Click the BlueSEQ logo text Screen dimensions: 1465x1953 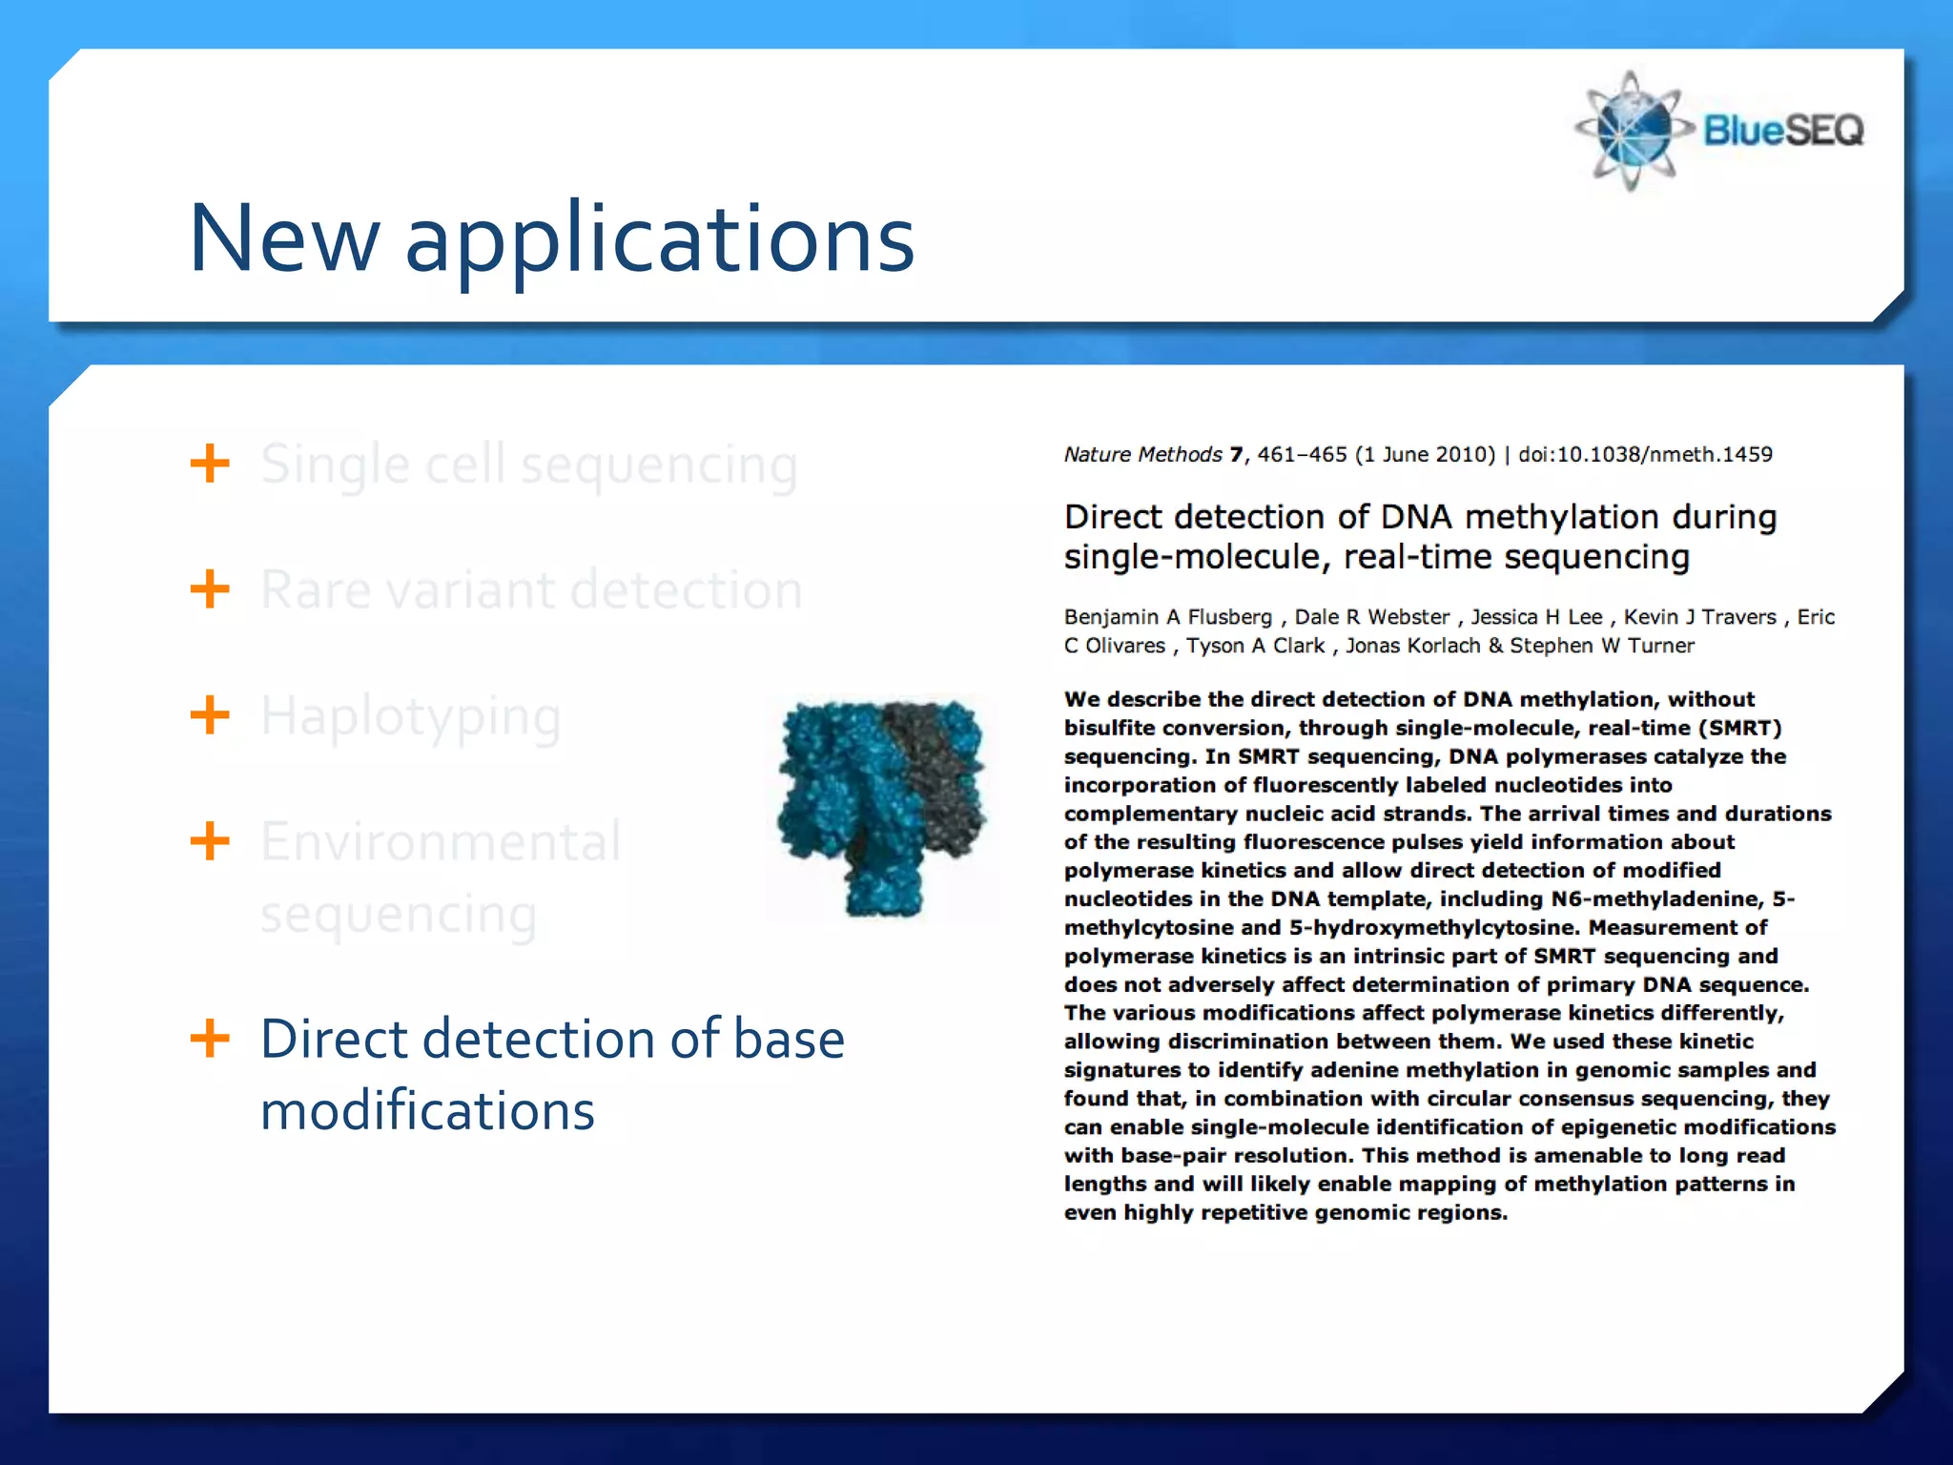[1782, 131]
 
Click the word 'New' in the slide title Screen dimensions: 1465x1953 [284, 239]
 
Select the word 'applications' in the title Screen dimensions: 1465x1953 [659, 239]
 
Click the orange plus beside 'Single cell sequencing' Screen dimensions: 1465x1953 [210, 464]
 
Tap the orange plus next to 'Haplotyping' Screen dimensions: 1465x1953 [210, 715]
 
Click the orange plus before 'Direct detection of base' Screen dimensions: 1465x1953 [210, 1038]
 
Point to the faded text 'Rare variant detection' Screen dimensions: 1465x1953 [531, 589]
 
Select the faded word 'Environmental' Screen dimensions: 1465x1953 [441, 841]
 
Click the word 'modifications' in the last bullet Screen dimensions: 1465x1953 [427, 1111]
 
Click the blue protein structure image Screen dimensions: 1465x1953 [881, 807]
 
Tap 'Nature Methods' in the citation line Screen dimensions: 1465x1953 [1142, 455]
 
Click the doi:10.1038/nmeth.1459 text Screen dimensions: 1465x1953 [1644, 455]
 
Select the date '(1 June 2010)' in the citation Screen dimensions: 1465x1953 [1425, 455]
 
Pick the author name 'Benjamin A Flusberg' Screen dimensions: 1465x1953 [1167, 617]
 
